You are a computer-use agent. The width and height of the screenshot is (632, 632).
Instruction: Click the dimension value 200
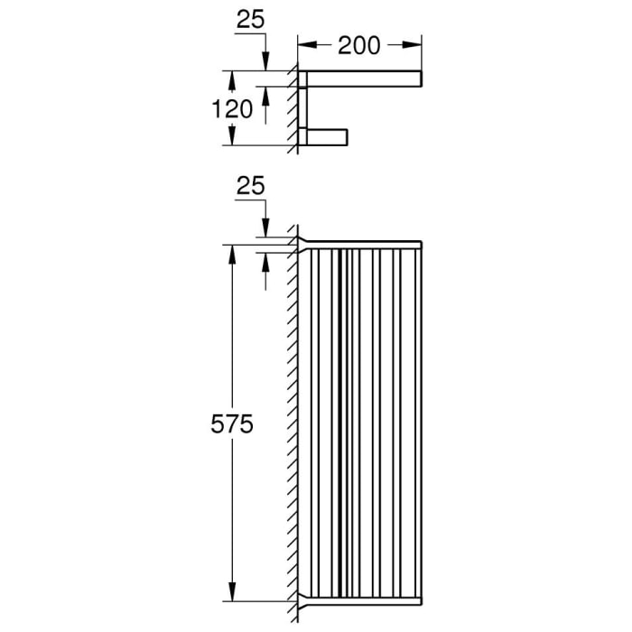360,44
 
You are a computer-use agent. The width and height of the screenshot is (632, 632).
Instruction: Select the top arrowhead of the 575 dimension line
233,253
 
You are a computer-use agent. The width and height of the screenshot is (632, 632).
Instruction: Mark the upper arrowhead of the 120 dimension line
233,79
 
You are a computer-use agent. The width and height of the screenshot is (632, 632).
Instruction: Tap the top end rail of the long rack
361,244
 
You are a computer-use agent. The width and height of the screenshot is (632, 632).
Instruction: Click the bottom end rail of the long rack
361,599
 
